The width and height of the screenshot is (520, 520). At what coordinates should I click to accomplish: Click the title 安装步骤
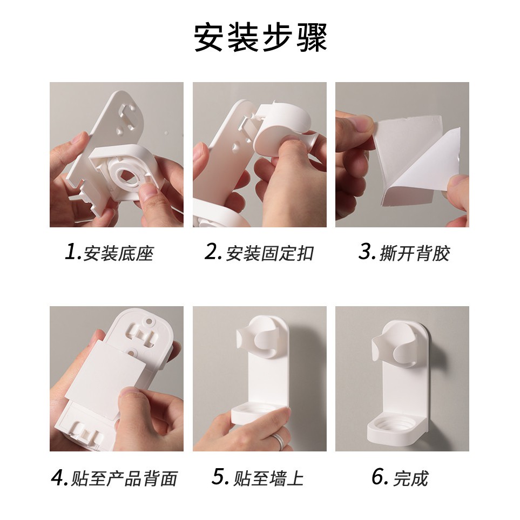(x=260, y=37)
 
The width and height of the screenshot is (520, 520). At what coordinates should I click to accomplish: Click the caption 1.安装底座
(x=109, y=253)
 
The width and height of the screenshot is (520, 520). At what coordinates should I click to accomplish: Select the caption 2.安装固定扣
(x=259, y=253)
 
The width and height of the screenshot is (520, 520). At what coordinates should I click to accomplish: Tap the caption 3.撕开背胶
(x=404, y=253)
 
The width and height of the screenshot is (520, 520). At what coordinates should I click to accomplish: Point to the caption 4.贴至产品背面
(x=114, y=478)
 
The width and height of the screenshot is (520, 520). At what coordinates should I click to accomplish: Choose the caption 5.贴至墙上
(x=258, y=478)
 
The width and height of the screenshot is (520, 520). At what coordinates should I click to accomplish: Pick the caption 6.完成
(x=400, y=478)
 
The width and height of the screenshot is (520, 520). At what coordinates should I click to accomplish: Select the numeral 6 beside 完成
(x=377, y=477)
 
